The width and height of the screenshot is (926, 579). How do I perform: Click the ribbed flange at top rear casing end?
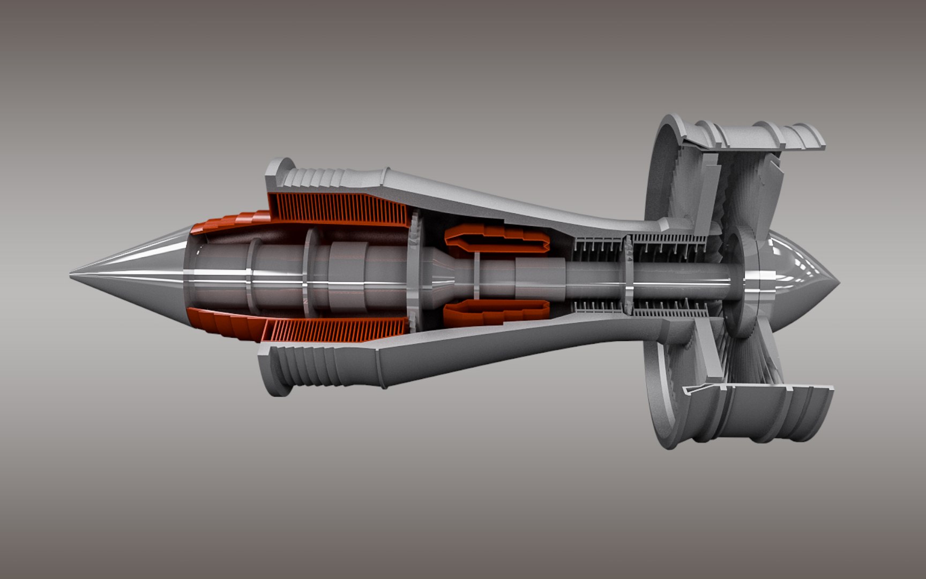tap(311, 177)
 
